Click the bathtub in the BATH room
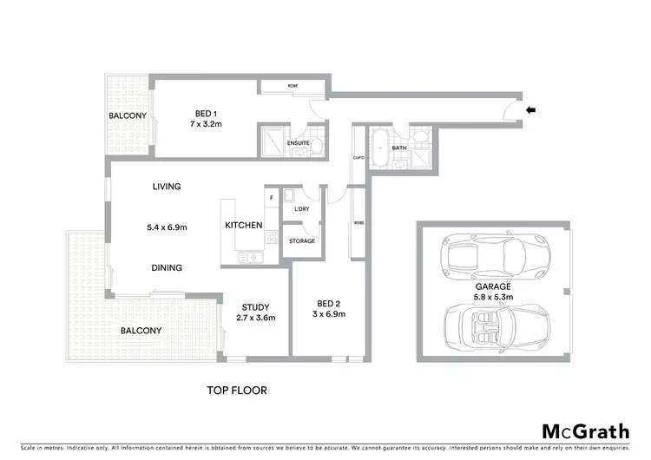pos(380,148)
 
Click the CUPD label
pos(358,158)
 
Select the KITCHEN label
pos(244,226)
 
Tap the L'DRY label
pos(302,209)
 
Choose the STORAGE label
pos(302,240)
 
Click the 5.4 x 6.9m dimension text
pos(168,227)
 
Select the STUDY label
pos(255,307)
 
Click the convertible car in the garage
pos(490,331)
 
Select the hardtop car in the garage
pos(490,256)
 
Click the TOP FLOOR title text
pos(236,391)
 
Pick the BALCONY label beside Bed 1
pos(127,115)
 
